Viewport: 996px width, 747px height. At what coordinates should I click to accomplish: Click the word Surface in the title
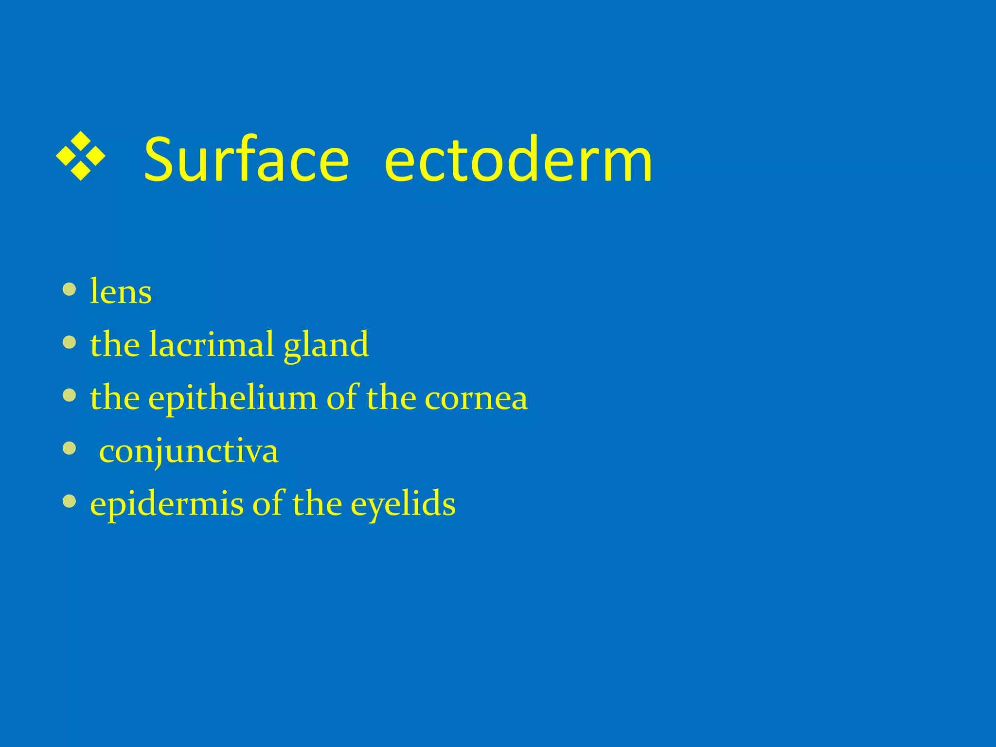[x=247, y=159]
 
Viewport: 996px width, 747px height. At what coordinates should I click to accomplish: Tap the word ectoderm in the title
[x=518, y=159]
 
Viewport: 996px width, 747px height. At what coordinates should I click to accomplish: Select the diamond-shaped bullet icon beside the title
[x=81, y=156]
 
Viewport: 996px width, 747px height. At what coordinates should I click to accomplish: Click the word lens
[x=121, y=292]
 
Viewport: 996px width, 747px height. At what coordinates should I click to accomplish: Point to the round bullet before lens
[x=70, y=290]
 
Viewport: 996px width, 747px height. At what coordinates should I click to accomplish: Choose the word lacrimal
[x=212, y=344]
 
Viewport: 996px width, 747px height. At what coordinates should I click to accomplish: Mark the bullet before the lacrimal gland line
[x=70, y=343]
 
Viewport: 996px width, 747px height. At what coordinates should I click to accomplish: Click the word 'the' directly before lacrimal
[x=115, y=344]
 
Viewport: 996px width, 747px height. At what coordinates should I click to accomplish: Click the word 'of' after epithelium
[x=342, y=397]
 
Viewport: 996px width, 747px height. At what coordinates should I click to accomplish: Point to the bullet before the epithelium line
[x=70, y=396]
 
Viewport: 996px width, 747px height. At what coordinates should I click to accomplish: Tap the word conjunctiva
[x=189, y=452]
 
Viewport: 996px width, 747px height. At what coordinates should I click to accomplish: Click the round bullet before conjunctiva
[x=70, y=448]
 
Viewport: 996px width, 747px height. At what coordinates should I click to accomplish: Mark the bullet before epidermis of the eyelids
[x=70, y=501]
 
